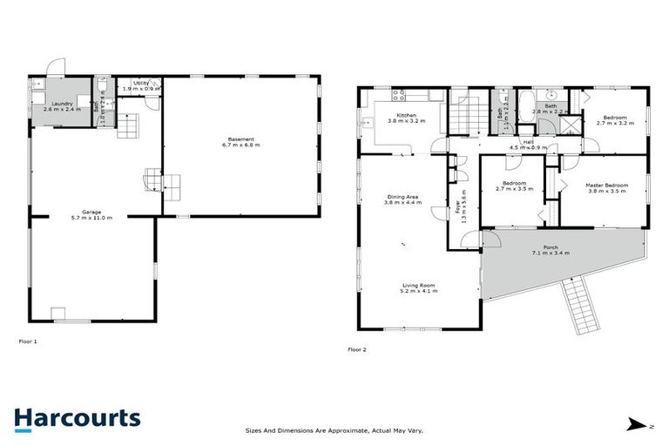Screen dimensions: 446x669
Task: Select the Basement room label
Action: pos(241,141)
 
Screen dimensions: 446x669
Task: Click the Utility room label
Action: pos(141,84)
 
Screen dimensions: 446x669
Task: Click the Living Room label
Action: pos(418,287)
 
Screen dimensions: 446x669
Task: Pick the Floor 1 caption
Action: pos(28,341)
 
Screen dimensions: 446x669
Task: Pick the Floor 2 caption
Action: pos(357,349)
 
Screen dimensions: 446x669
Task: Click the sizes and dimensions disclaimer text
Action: pos(340,430)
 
